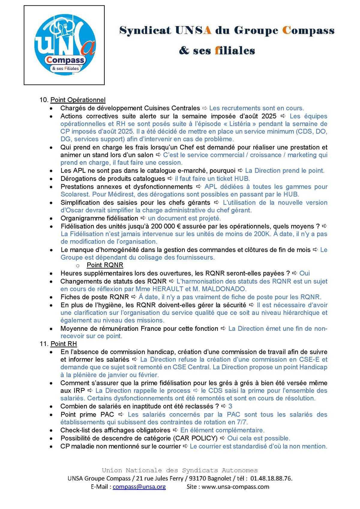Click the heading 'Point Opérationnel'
[x=78, y=100]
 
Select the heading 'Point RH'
[x=64, y=344]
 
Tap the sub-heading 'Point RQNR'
[x=105, y=265]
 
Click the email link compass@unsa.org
[x=139, y=486]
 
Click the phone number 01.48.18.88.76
[x=271, y=478]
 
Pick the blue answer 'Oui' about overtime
[x=304, y=273]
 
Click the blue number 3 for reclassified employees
[x=230, y=406]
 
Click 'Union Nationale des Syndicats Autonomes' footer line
[x=180, y=470]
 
